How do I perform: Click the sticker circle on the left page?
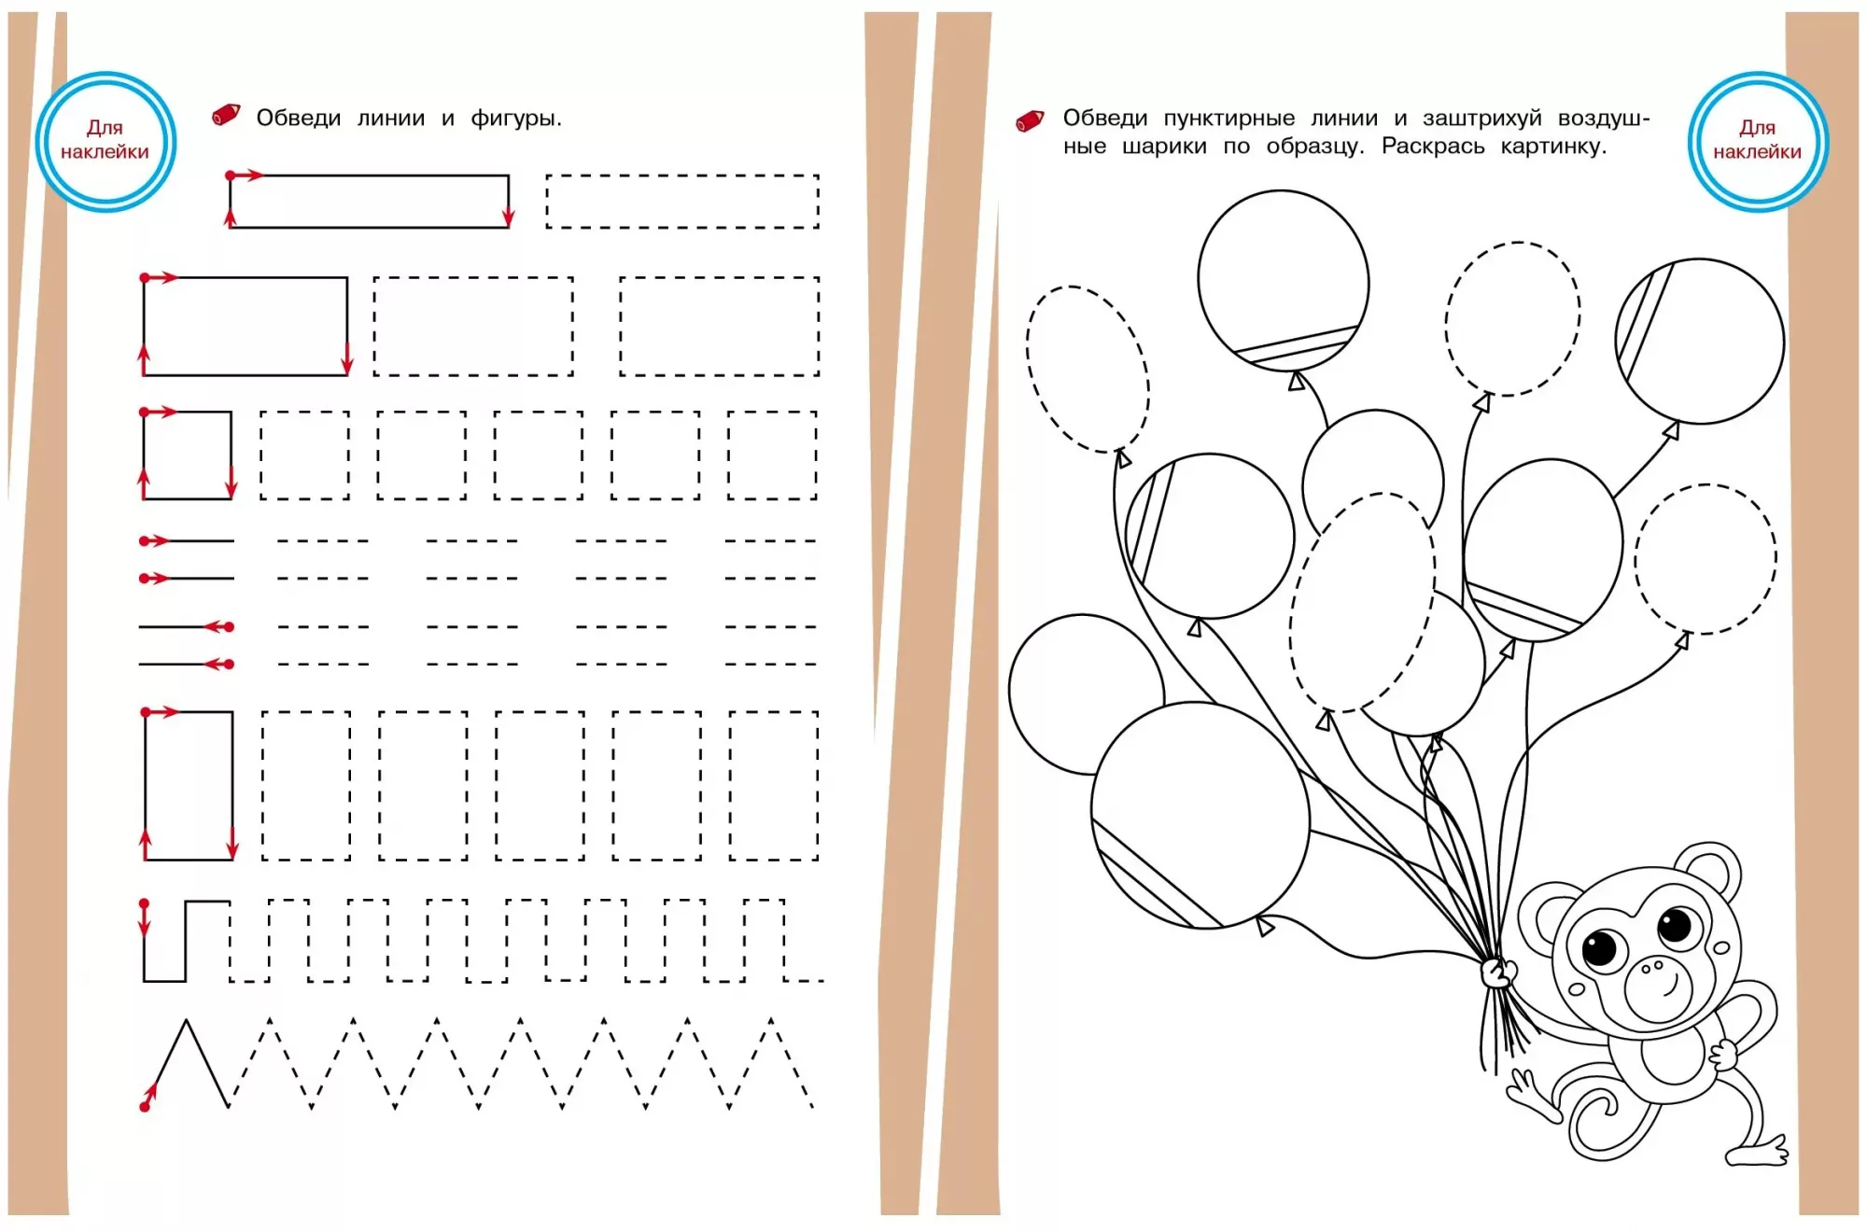click(x=105, y=141)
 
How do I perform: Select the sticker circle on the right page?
click(x=1758, y=141)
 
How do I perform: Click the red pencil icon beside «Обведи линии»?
click(x=226, y=115)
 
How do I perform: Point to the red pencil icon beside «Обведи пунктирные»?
click(x=1030, y=121)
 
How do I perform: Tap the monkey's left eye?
click(x=1600, y=950)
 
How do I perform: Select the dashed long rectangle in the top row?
click(x=682, y=175)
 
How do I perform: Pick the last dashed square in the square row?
click(x=772, y=412)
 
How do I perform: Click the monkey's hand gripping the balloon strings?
click(x=1498, y=973)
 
